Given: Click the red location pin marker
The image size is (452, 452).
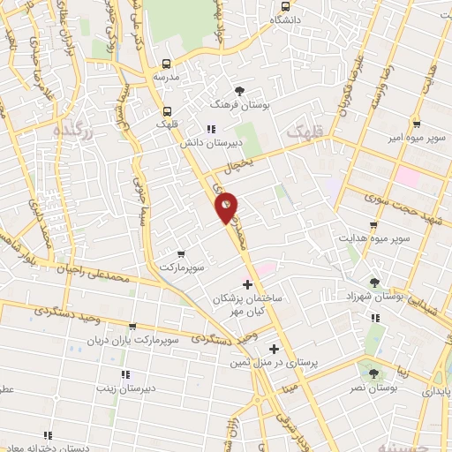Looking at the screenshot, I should (x=227, y=207).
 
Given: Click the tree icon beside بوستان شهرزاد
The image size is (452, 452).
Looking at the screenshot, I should (x=377, y=282).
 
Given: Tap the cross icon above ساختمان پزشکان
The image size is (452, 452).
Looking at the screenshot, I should (x=247, y=284).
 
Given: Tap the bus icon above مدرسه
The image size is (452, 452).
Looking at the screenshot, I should (x=165, y=64).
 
